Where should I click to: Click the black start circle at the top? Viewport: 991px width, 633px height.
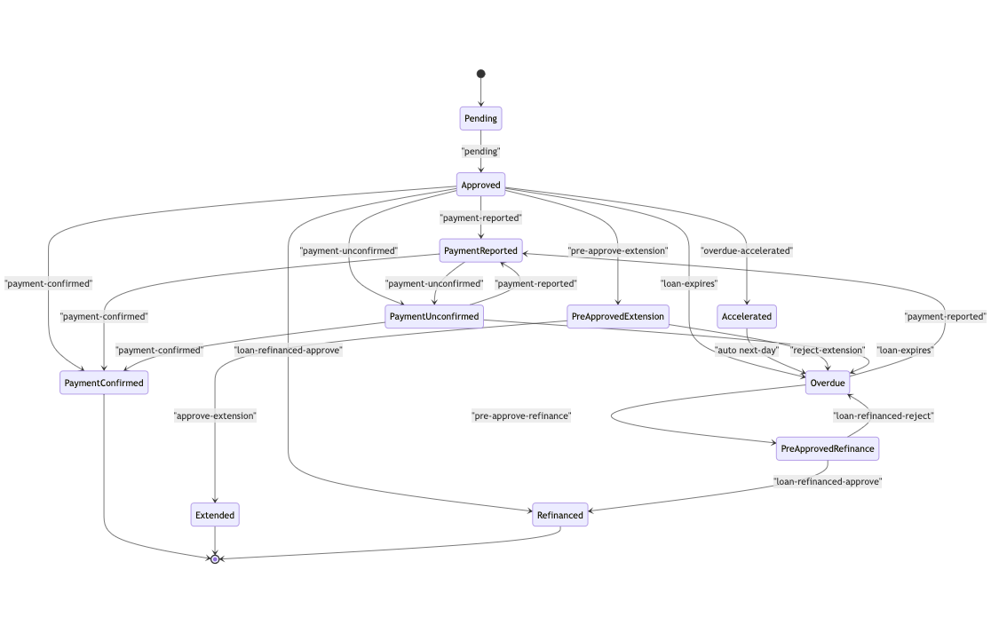[480, 74]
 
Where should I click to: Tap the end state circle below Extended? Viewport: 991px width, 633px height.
[215, 559]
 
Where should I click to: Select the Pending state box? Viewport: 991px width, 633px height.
[480, 118]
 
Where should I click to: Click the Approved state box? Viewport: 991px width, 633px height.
[480, 185]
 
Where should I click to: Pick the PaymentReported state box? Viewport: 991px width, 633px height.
[480, 250]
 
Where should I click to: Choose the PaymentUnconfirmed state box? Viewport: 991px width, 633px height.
[434, 316]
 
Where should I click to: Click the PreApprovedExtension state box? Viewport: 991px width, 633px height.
[617, 316]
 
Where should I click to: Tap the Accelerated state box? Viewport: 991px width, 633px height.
[746, 316]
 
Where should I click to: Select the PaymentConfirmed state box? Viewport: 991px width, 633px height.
[104, 383]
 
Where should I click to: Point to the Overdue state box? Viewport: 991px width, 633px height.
[828, 383]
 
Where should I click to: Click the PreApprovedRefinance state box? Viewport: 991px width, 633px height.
[828, 448]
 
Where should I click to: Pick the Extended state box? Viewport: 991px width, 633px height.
[215, 515]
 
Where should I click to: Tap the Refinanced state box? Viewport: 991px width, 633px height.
[560, 515]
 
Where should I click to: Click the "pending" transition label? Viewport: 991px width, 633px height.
[480, 152]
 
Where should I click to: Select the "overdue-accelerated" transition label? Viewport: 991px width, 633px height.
[746, 250]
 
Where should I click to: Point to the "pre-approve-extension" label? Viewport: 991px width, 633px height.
[617, 250]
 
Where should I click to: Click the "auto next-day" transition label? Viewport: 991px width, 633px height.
[746, 350]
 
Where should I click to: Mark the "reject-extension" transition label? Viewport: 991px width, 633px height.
[828, 350]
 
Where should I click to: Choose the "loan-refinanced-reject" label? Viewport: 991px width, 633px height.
[883, 415]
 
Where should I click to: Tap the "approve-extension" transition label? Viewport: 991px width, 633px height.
[215, 415]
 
